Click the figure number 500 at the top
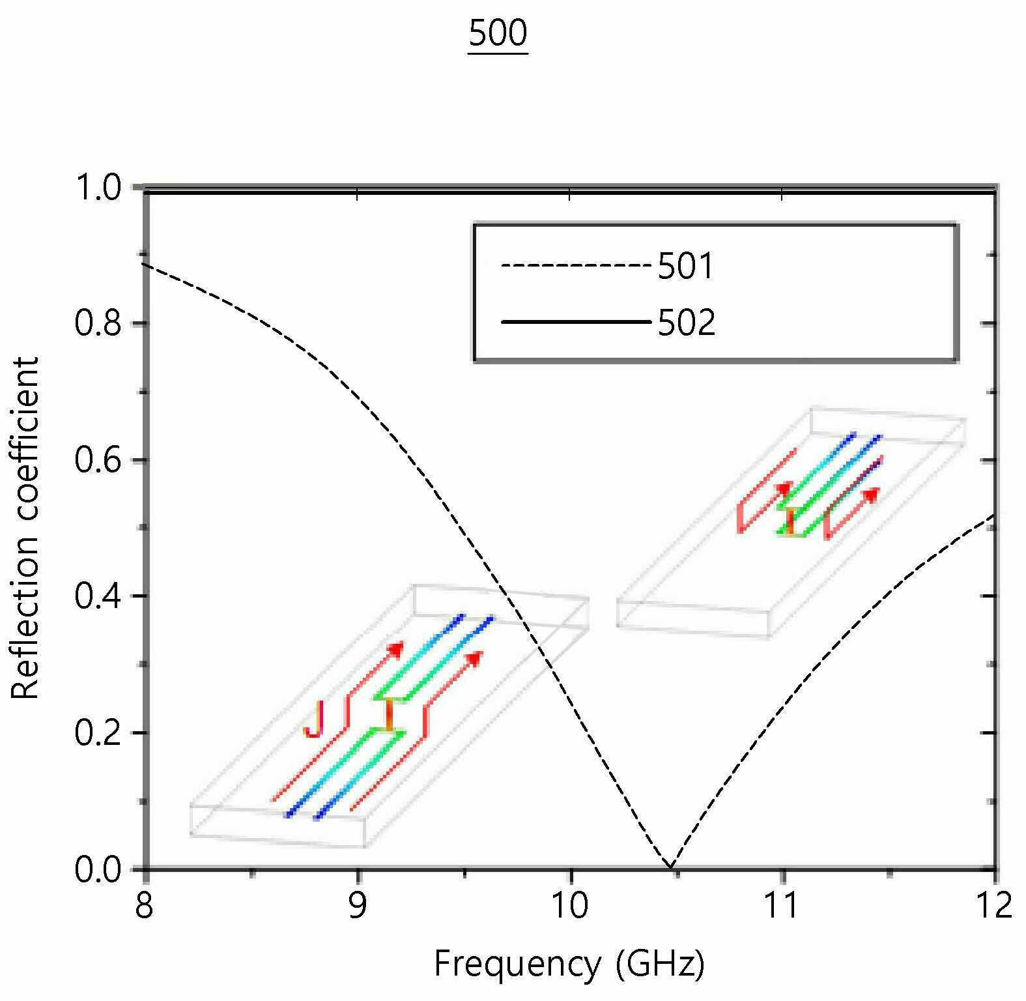pos(498,33)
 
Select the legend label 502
pos(687,323)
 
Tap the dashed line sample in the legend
pos(576,266)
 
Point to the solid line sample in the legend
pos(576,322)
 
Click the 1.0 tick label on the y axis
pos(98,188)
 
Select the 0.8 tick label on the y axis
pos(98,324)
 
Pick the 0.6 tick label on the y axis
pos(98,460)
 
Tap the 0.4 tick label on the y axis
pos(98,596)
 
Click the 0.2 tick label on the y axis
pos(98,733)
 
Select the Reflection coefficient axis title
pos(26,528)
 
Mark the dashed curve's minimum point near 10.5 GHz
pos(670,867)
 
